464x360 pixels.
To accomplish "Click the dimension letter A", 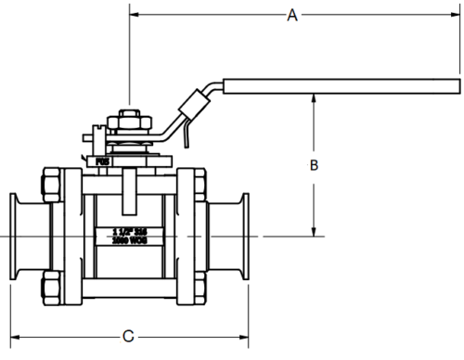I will click(293, 15).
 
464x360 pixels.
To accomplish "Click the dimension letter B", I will click(315, 165).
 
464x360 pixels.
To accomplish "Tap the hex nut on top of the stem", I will click(129, 120).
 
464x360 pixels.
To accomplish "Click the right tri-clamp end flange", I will click(244, 237).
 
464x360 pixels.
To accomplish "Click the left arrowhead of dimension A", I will click(134, 15).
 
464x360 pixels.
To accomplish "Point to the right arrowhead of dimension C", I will click(244, 333).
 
